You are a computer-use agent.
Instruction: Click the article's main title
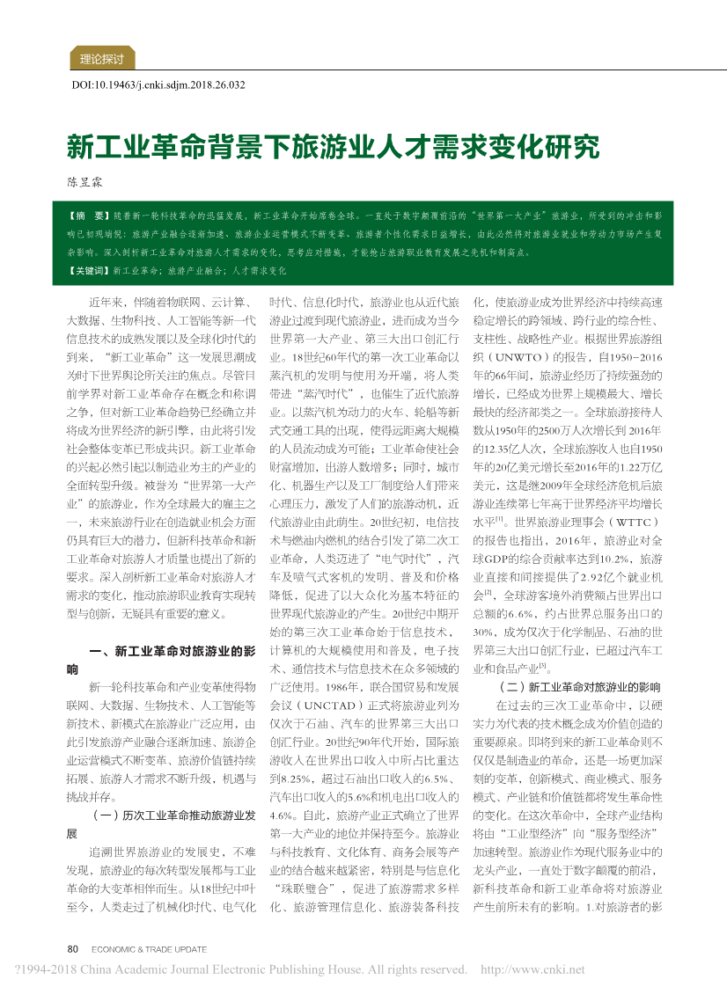334,144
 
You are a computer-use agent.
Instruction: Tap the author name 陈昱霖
85,182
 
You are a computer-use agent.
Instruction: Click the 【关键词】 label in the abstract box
89,271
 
